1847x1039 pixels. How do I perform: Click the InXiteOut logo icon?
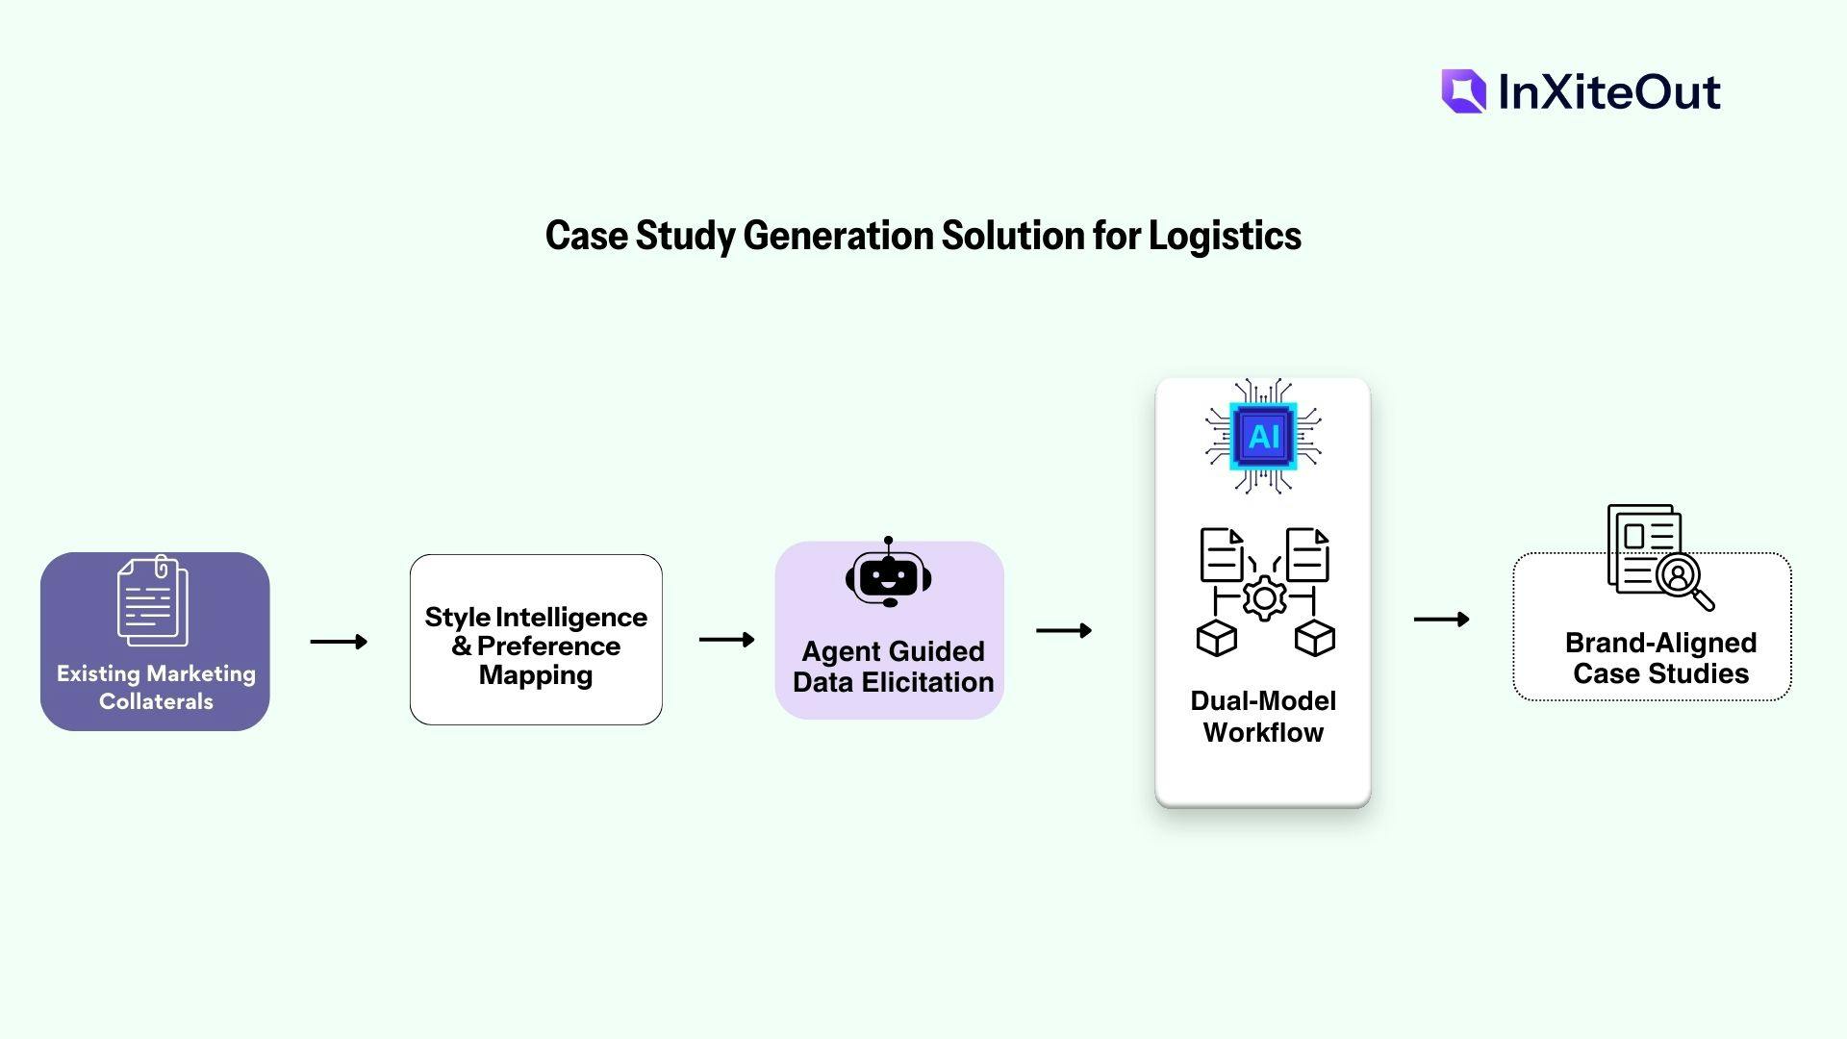[1463, 91]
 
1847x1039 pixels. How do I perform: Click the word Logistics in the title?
[1225, 236]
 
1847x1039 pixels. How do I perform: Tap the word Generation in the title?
[837, 236]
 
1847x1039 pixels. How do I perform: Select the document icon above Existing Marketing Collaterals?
[153, 600]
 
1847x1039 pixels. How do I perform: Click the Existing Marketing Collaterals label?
[156, 687]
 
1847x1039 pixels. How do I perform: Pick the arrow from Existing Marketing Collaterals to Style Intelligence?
[339, 642]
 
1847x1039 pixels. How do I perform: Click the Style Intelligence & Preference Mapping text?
[536, 646]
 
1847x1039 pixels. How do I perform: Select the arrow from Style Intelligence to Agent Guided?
[726, 640]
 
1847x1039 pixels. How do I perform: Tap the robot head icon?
[888, 574]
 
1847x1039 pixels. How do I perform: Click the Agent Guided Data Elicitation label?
[893, 667]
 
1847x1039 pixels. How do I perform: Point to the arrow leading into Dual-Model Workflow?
[1064, 631]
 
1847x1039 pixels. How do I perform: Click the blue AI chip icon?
[1263, 437]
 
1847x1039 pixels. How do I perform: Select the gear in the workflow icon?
[1265, 598]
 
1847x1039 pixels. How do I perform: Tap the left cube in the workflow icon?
[1216, 638]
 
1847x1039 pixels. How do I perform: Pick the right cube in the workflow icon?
[1315, 638]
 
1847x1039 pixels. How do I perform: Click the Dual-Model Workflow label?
[1263, 717]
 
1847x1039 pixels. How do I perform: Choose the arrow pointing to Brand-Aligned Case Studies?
[1441, 620]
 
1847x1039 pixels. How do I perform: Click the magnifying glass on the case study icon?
[1683, 580]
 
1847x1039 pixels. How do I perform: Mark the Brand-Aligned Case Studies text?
[1660, 658]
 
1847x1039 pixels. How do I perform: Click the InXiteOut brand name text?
[1609, 92]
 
